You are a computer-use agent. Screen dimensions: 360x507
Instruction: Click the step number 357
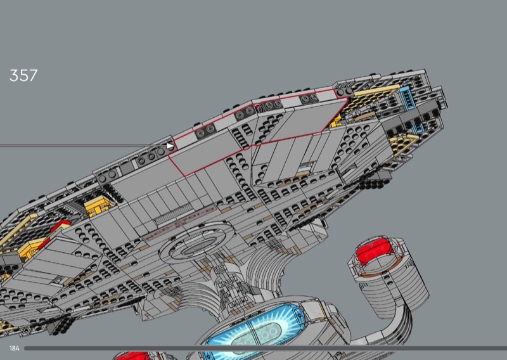23,76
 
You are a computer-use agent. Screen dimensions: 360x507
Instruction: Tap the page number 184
14,349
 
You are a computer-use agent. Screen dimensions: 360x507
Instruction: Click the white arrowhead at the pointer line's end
169,146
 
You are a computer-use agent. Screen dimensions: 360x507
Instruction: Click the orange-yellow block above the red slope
95,206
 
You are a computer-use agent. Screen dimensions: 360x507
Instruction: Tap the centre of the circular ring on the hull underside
193,248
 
